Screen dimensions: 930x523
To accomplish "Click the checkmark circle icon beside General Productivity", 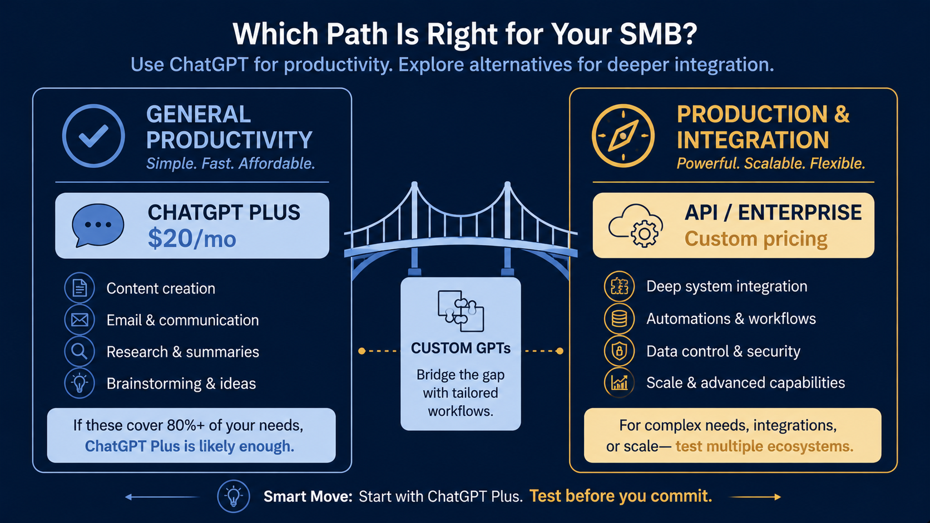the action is point(93,136).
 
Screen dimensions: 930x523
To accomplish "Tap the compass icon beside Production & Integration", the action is point(623,136).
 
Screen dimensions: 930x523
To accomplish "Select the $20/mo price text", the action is point(192,239).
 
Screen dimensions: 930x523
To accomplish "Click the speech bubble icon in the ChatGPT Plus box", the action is point(98,225).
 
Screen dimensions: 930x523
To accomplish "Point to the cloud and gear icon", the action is point(635,226).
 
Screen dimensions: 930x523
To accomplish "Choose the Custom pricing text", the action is point(755,239).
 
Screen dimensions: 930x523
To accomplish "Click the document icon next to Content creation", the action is point(80,288).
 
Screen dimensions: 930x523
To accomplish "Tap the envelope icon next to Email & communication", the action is point(80,320).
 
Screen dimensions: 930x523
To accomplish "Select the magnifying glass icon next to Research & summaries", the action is point(80,351).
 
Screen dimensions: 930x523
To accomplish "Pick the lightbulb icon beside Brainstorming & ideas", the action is point(80,383).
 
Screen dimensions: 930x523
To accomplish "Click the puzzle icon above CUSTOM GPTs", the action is point(461,311).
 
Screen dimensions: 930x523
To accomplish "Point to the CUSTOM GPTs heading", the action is point(461,348).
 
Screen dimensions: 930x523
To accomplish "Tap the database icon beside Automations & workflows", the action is point(619,318).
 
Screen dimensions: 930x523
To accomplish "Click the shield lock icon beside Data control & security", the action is point(619,351).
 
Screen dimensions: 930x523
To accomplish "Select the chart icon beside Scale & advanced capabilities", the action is point(619,382).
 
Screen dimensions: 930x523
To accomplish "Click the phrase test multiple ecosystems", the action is point(764,446).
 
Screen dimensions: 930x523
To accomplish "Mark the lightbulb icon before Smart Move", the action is point(233,496).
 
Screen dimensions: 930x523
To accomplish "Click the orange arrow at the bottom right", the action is point(755,497).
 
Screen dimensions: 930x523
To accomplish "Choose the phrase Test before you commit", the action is point(621,496).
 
